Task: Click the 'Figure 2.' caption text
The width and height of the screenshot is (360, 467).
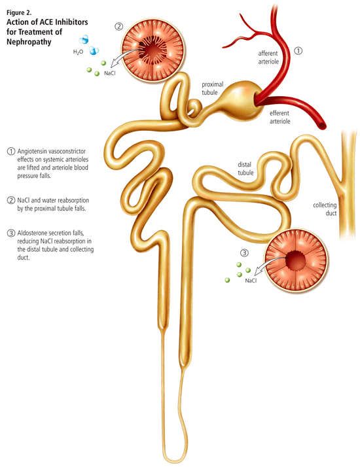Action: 19,12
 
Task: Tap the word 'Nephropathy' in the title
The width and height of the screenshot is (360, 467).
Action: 29,42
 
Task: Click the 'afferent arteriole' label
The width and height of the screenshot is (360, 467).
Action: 268,58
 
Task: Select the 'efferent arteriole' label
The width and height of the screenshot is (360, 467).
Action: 280,117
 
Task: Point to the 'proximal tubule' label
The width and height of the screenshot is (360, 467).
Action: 213,88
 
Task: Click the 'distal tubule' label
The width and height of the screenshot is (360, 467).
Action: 245,169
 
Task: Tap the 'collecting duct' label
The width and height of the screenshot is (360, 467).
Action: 325,209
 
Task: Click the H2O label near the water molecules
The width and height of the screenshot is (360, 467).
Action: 78,52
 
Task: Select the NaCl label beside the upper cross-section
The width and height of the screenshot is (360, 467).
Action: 110,73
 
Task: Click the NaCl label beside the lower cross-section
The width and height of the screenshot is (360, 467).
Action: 251,281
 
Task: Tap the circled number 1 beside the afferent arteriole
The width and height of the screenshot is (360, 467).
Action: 298,50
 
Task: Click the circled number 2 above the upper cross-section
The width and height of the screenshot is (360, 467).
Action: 118,27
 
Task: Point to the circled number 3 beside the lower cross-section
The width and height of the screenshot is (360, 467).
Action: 244,253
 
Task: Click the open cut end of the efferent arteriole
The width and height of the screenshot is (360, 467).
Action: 322,126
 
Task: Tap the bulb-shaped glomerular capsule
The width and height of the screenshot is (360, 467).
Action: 242,100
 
